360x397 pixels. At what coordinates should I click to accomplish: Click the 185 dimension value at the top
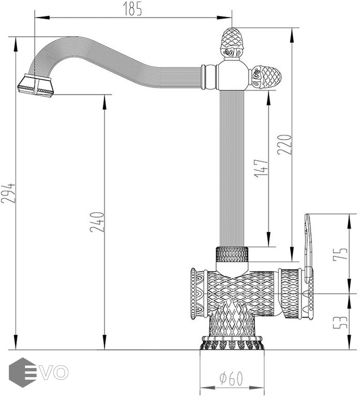click(x=133, y=9)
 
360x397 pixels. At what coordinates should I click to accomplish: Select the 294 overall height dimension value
click(x=8, y=193)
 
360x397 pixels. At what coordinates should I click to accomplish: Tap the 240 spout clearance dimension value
click(x=97, y=222)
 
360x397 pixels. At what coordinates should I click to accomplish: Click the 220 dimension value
click(x=285, y=144)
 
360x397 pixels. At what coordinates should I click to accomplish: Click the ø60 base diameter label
click(x=231, y=378)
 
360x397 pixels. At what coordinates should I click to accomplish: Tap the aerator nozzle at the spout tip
click(x=36, y=85)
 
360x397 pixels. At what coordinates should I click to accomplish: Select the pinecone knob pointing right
click(x=266, y=75)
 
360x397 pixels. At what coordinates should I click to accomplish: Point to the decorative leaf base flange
click(x=232, y=343)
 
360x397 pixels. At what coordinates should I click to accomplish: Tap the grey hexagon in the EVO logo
click(x=22, y=372)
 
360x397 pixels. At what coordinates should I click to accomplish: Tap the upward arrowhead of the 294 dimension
click(x=16, y=45)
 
